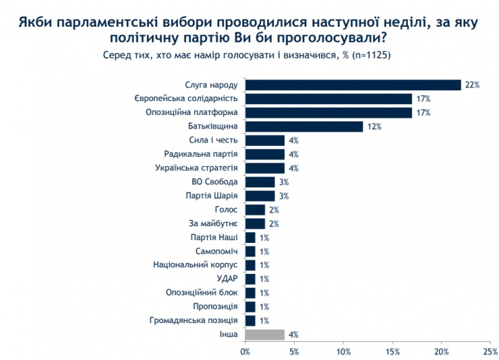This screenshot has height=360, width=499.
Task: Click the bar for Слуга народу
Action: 353,85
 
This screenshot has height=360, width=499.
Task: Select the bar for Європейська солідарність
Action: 328,98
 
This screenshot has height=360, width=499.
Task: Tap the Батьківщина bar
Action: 304,127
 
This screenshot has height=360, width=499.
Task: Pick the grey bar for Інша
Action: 265,335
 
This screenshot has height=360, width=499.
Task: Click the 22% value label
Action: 473,85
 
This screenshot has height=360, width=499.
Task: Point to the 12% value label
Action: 373,127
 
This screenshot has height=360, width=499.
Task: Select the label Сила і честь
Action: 215,140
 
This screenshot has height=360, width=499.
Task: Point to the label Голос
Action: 227,210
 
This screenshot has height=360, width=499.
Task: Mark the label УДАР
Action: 226,278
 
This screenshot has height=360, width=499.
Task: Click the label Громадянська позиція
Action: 193,320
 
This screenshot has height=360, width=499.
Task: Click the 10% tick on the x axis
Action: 344,352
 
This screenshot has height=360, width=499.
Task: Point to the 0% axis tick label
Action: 246,352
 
